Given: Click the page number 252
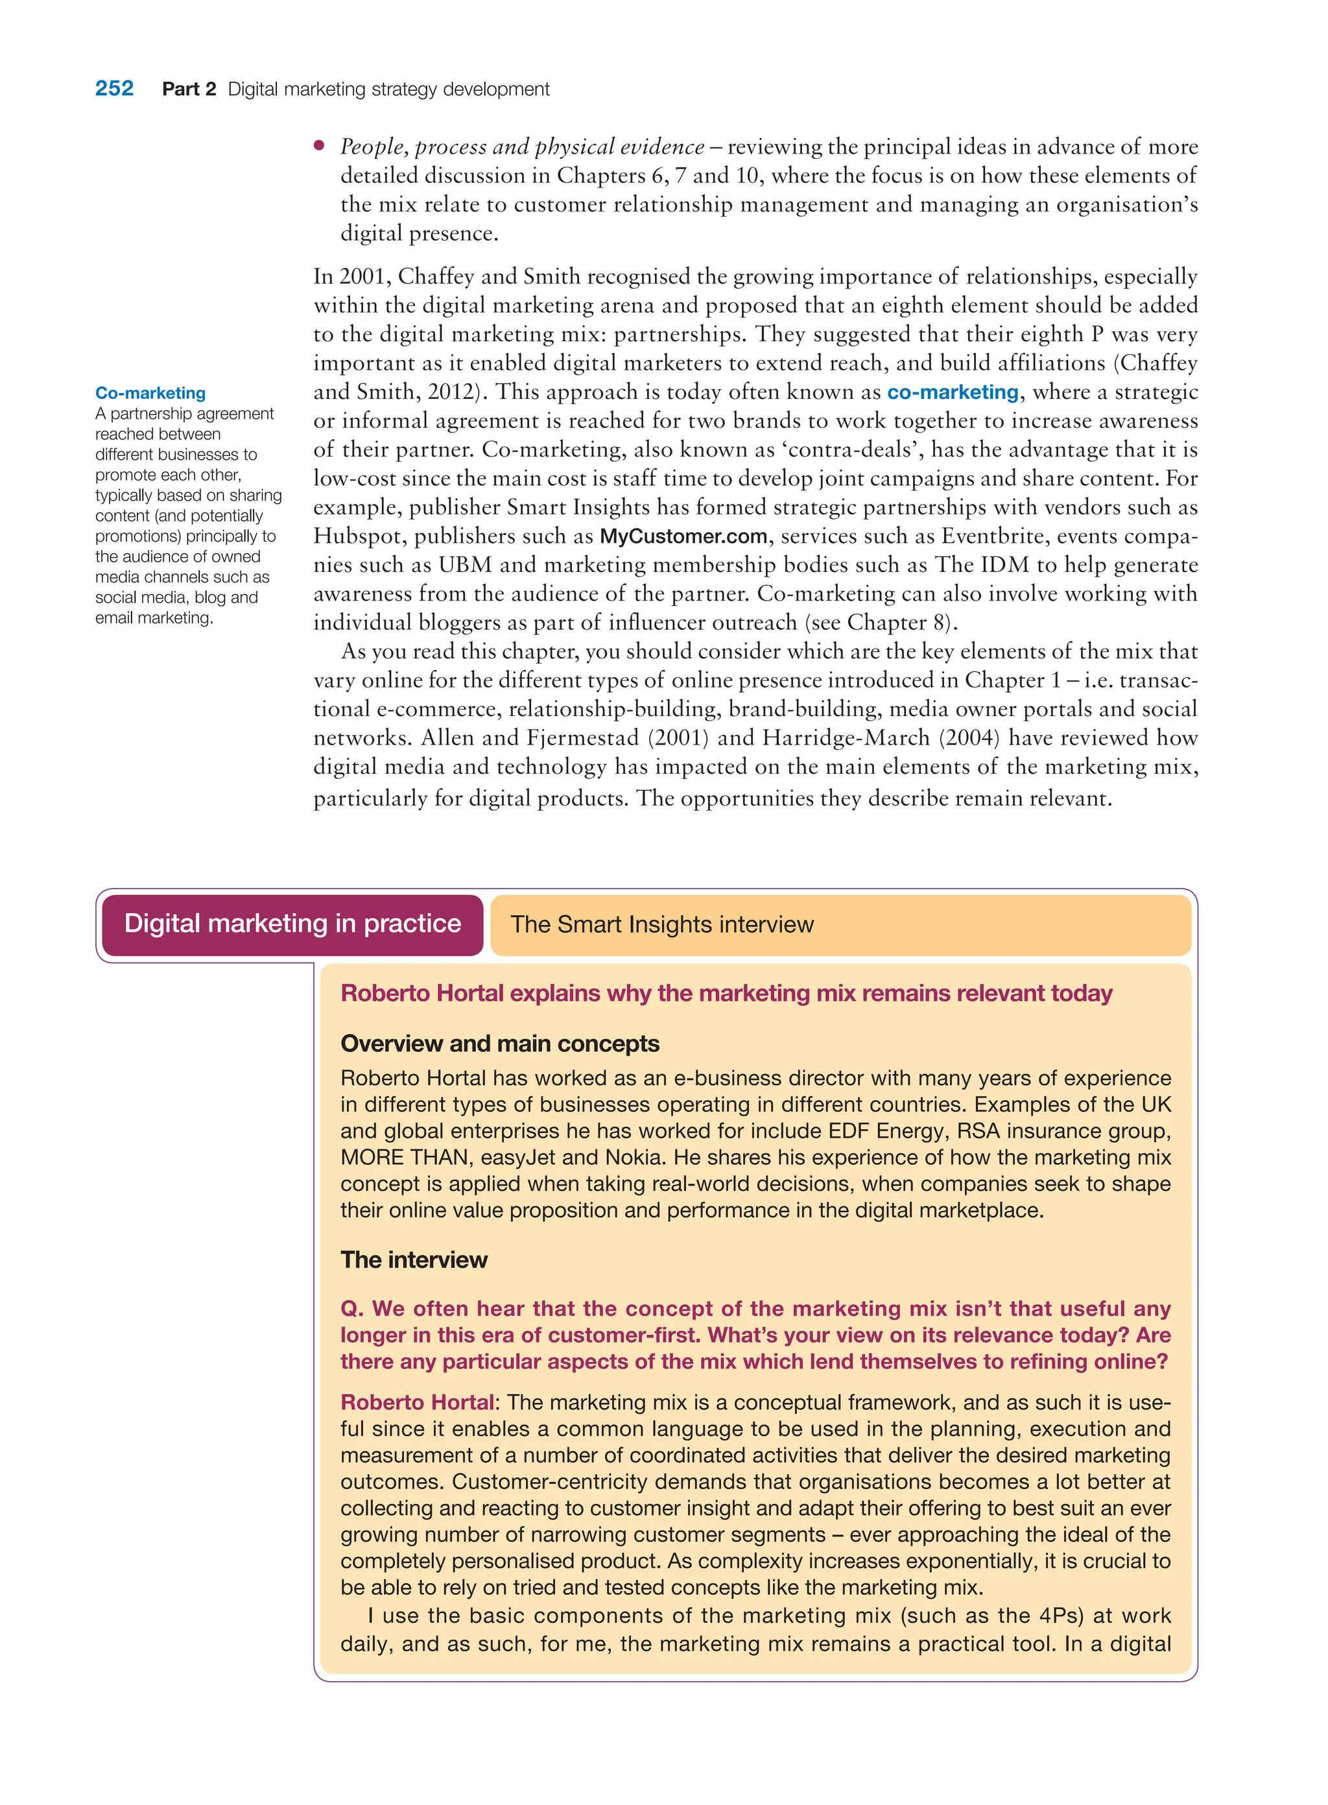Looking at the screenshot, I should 114,88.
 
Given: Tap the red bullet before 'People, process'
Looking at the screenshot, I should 319,145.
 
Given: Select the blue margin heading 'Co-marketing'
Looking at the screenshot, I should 150,392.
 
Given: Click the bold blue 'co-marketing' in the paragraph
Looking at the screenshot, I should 953,392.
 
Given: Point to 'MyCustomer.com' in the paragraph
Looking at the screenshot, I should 683,536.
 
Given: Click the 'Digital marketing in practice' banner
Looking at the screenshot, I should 292,923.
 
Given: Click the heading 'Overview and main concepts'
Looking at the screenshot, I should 499,1043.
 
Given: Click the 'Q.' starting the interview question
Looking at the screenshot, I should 352,1308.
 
